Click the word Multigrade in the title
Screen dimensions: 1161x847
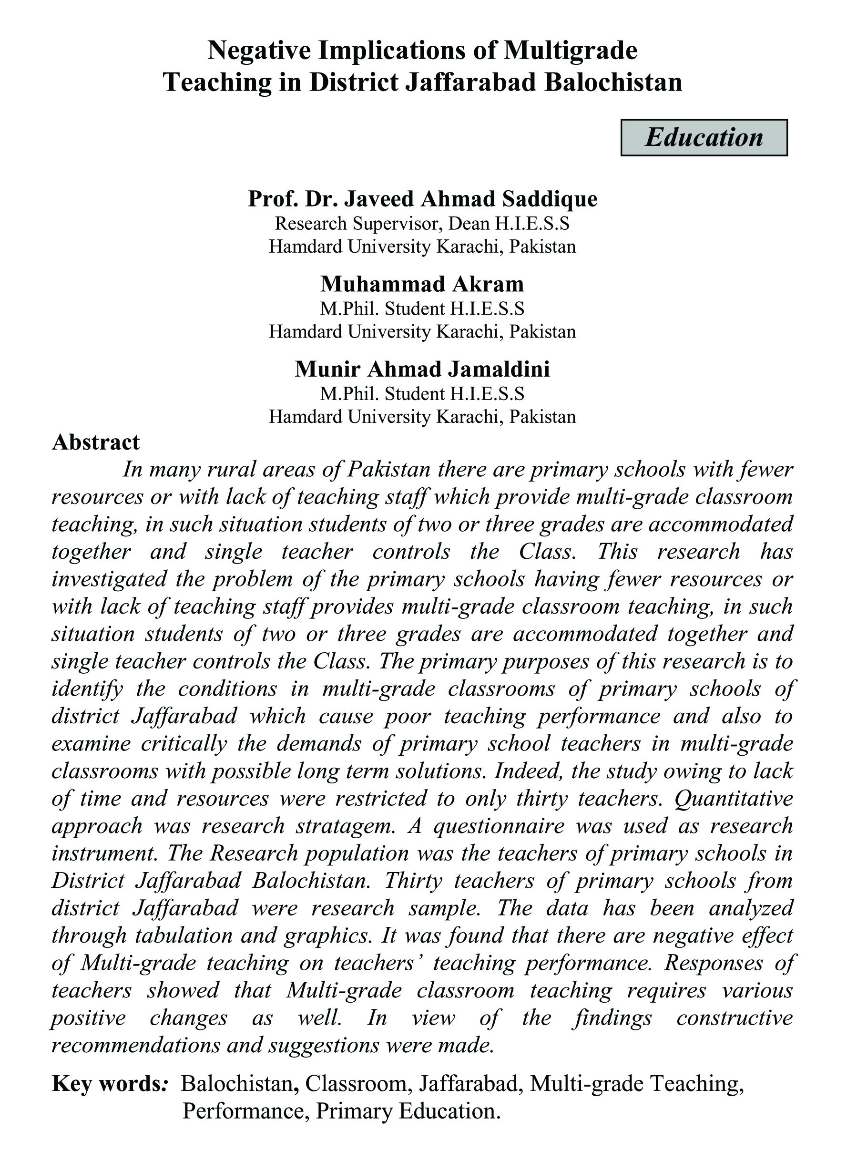coord(570,51)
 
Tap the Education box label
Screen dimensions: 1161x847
coord(704,137)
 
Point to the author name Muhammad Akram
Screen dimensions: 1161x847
coord(422,284)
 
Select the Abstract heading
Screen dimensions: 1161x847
coord(96,442)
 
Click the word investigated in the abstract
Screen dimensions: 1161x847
coord(109,579)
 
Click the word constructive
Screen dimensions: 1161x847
coord(734,1017)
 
